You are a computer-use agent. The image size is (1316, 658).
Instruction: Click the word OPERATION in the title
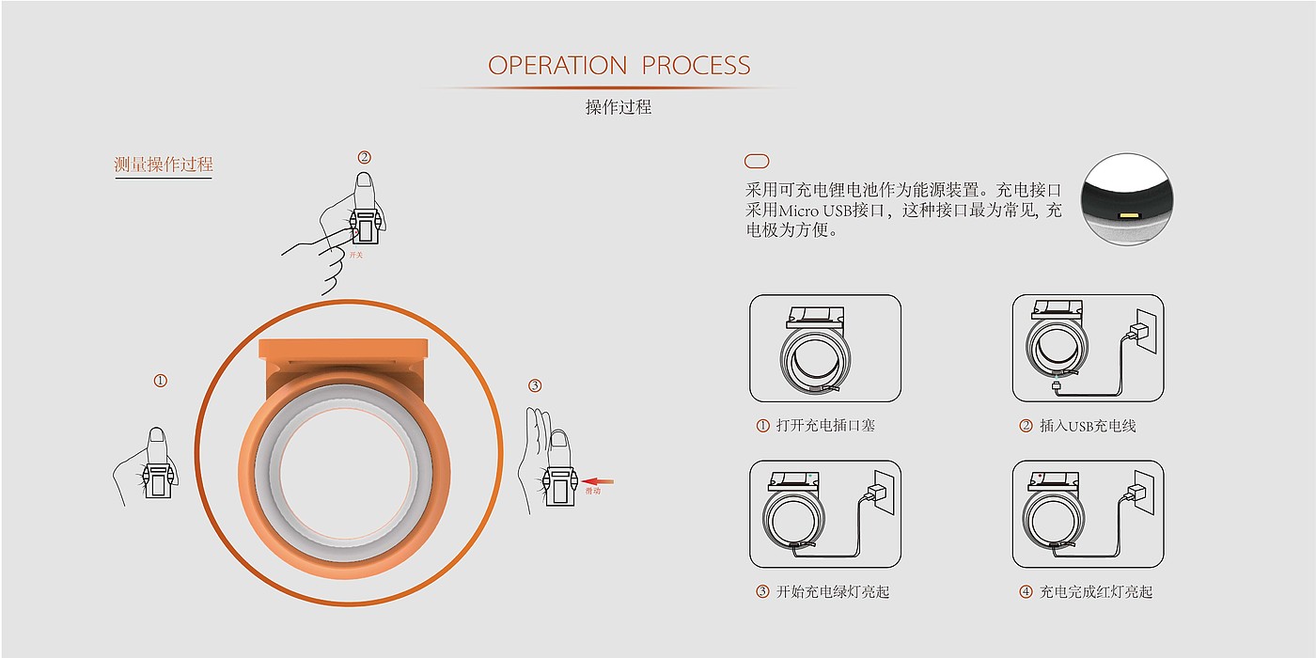(x=557, y=66)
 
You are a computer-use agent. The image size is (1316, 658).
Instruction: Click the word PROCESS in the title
(x=697, y=66)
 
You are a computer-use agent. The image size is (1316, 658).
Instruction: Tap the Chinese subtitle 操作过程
(x=619, y=107)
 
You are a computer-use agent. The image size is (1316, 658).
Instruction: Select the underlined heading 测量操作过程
(x=164, y=165)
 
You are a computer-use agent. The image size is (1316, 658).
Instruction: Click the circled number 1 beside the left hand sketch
(x=161, y=381)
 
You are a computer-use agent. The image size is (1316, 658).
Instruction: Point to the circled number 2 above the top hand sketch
(x=365, y=158)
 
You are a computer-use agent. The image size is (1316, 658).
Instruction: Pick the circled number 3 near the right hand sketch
(x=535, y=385)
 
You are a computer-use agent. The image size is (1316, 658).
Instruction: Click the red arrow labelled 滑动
(x=599, y=480)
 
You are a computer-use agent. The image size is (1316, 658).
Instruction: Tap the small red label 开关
(x=355, y=255)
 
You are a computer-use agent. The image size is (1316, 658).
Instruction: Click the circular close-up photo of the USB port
(x=1127, y=199)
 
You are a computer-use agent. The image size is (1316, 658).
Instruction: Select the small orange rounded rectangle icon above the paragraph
(x=757, y=162)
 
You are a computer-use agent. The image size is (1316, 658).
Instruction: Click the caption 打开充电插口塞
(x=825, y=426)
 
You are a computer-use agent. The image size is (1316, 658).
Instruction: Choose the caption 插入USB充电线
(x=1088, y=426)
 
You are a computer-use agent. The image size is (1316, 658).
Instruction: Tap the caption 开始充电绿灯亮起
(x=833, y=592)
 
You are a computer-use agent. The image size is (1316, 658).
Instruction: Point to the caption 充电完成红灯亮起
(x=1096, y=592)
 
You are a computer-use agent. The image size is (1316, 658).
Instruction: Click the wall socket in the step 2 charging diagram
(x=1143, y=330)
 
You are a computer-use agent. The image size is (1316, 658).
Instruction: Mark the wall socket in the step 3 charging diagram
(x=880, y=491)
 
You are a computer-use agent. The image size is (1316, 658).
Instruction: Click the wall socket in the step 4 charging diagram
(x=1143, y=491)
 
